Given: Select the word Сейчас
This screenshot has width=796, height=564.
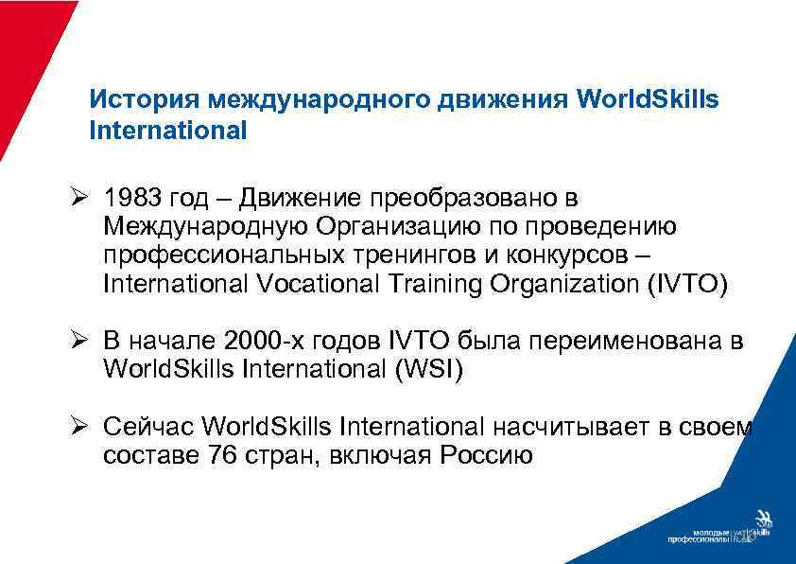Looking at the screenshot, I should tap(151, 427).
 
